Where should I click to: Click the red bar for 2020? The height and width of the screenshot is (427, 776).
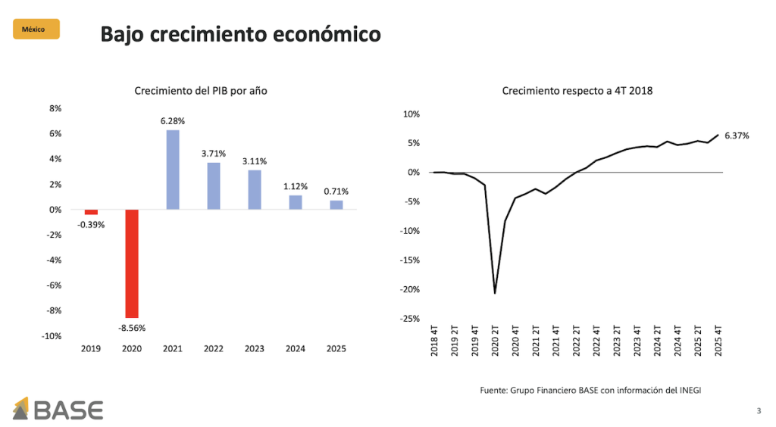point(132,263)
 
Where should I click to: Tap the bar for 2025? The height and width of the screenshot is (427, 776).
point(336,205)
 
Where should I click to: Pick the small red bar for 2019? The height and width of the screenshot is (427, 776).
point(91,212)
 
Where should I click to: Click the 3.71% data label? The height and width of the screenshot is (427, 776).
point(214,154)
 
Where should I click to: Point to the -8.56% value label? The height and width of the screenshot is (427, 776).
point(132,328)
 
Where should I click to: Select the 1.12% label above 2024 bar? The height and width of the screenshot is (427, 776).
point(295,186)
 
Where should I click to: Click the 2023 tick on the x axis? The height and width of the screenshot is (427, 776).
point(254,349)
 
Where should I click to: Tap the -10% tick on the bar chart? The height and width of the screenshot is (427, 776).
point(52,336)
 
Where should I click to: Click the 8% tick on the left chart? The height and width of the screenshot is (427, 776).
point(55,108)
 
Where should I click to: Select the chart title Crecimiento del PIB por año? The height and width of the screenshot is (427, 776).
point(201,91)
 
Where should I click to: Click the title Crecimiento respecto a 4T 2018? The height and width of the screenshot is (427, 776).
point(577,91)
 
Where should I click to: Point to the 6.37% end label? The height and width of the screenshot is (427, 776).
point(737,136)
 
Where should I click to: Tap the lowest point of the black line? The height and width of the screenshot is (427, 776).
point(495,293)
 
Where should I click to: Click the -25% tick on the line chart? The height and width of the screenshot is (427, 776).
point(410,319)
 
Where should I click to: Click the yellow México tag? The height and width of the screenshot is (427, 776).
point(36,30)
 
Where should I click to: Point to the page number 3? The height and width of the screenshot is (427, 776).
point(759,411)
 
